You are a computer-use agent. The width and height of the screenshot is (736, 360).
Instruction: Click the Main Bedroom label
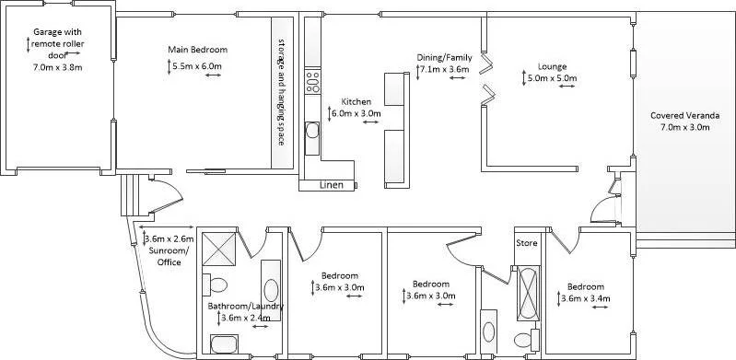[197, 50]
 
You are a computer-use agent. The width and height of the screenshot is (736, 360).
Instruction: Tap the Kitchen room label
[356, 101]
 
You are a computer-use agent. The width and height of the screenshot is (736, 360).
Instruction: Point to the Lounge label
[552, 66]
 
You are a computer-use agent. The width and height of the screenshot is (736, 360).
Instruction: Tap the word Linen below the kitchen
[332, 185]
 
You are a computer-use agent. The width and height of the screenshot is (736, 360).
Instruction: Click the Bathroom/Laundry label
[244, 306]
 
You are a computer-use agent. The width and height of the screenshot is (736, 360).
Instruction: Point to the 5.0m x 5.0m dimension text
[553, 78]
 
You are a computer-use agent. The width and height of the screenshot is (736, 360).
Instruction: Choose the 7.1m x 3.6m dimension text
[445, 69]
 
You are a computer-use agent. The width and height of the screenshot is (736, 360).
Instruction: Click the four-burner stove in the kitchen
[312, 81]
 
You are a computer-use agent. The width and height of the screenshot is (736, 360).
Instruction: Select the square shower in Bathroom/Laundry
[221, 247]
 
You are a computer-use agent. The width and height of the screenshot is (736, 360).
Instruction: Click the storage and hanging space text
[282, 92]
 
